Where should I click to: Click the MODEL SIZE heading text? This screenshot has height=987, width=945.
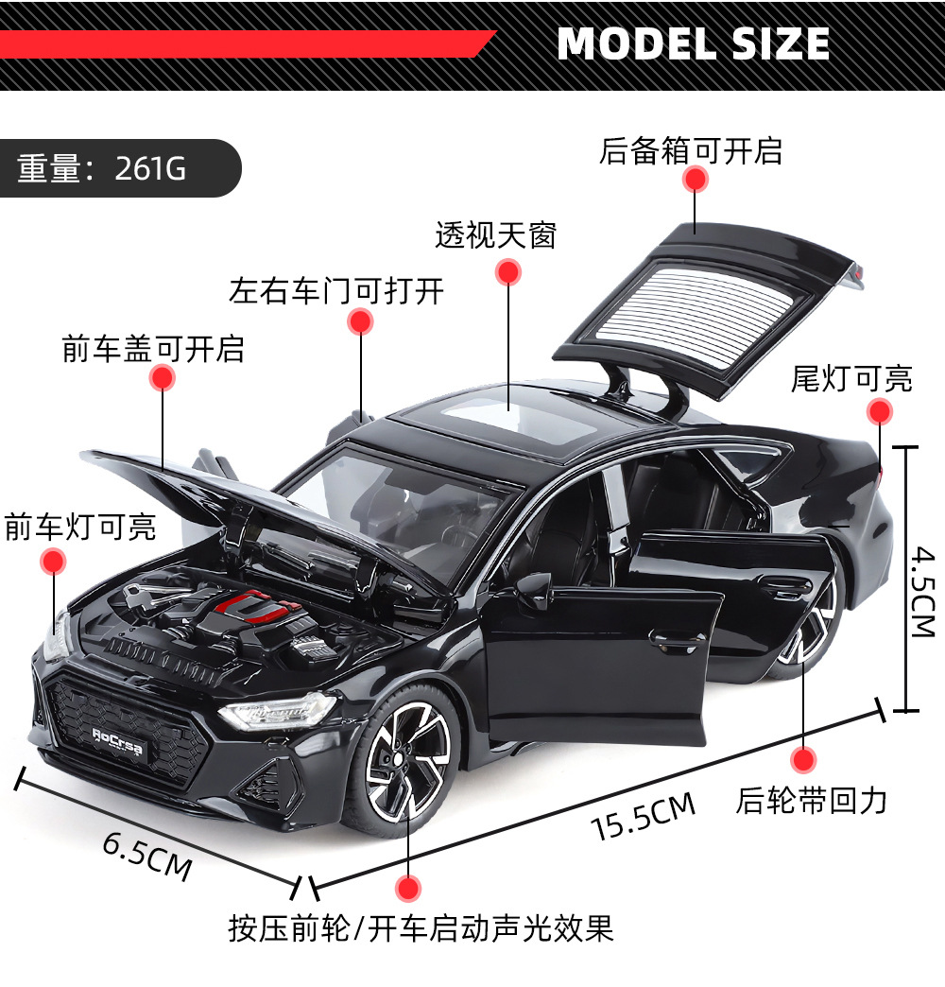pyautogui.click(x=694, y=44)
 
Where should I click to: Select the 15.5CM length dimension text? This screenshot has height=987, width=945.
pyautogui.click(x=643, y=817)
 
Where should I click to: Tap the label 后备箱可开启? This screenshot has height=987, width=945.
pyautogui.click(x=691, y=150)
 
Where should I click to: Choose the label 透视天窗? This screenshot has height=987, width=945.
pyautogui.click(x=496, y=234)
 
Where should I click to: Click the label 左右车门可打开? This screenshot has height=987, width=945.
pyautogui.click(x=335, y=290)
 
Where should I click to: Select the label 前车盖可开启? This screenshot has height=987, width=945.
pyautogui.click(x=153, y=348)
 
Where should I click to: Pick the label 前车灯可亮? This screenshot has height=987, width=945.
pyautogui.click(x=80, y=527)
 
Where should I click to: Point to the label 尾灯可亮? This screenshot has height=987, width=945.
pyautogui.click(x=851, y=379)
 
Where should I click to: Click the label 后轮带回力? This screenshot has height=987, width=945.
pyautogui.click(x=812, y=801)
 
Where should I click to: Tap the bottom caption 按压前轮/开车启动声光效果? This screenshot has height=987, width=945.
pyautogui.click(x=421, y=927)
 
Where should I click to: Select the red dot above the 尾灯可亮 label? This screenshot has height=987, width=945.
pyautogui.click(x=880, y=411)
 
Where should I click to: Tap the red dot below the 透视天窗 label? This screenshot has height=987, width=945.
pyautogui.click(x=508, y=272)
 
